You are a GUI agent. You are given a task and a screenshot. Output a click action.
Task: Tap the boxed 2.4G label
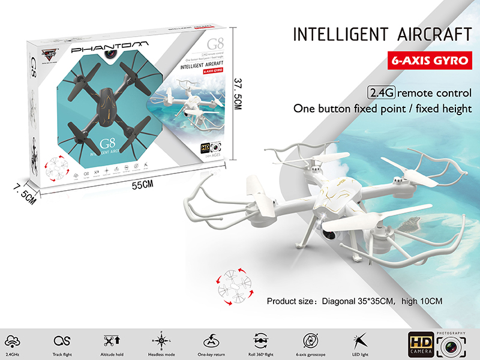point(380,93)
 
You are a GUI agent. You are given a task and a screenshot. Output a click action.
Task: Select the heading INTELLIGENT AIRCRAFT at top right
point(382,34)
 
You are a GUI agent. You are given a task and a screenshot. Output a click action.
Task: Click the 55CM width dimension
point(143,185)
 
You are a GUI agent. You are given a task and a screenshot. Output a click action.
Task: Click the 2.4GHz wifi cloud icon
point(12,341)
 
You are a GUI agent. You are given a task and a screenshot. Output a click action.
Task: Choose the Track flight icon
point(62,341)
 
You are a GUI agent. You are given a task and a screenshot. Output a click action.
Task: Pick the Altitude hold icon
point(112,340)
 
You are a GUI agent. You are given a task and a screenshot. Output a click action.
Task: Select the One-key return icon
point(211,341)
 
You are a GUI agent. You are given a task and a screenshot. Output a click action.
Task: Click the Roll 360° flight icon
point(260,340)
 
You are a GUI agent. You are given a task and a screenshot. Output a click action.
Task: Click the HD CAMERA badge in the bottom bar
point(420,344)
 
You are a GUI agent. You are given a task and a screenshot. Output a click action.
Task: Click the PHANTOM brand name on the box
point(107,47)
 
